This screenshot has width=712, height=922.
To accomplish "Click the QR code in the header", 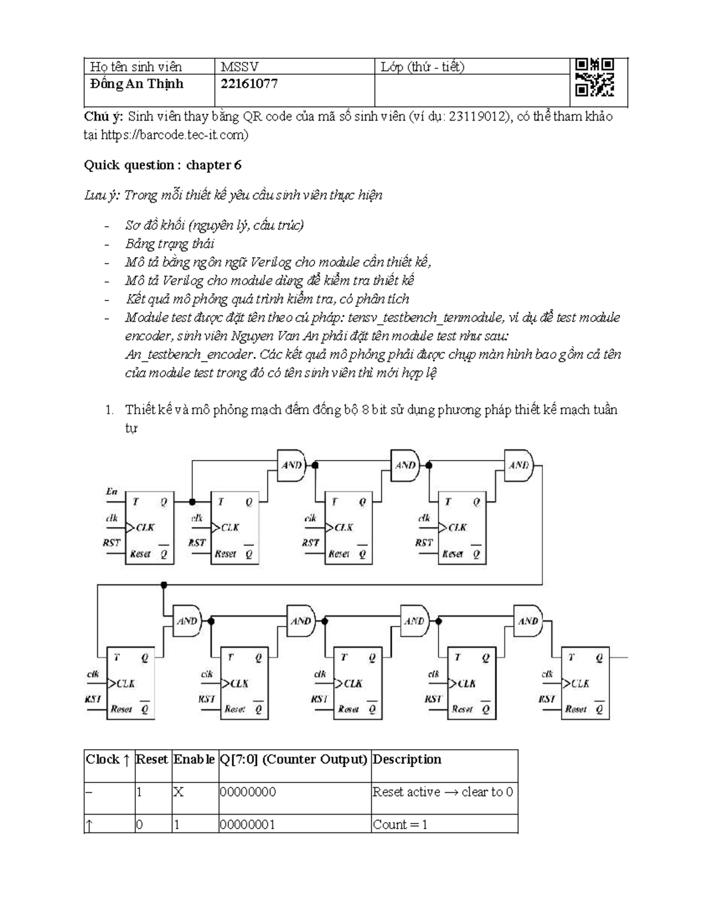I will (594, 77).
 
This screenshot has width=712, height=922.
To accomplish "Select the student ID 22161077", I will (249, 84).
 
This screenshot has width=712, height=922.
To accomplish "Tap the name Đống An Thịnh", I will (136, 84).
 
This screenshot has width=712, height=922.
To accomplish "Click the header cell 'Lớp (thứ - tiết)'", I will (422, 66).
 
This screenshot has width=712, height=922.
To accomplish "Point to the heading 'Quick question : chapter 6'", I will (162, 165).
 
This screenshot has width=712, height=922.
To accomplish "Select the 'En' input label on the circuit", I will (112, 492).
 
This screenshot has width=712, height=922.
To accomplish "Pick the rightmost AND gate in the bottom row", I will (528, 621).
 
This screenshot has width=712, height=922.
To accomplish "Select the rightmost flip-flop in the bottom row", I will (585, 683).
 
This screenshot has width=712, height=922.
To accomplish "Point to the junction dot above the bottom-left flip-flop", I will (164, 585).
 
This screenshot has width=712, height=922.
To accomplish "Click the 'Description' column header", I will (407, 759).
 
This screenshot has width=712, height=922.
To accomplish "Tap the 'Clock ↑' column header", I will (107, 759).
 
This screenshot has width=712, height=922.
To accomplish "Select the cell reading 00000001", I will (247, 825).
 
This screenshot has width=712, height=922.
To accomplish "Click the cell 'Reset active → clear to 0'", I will (443, 792).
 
